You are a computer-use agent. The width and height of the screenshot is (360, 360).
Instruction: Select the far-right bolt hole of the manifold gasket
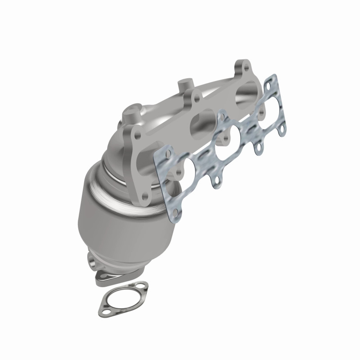pyautogui.click(x=282, y=131)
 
